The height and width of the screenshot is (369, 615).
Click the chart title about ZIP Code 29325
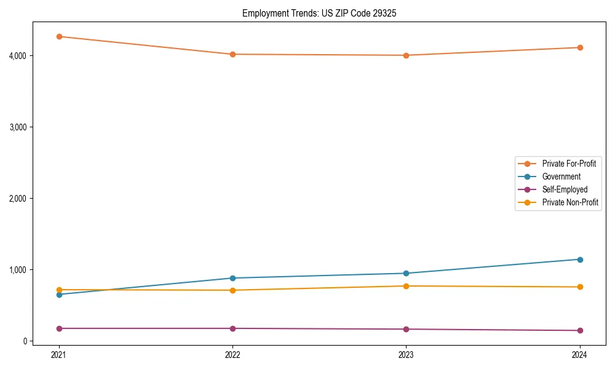coord(319,13)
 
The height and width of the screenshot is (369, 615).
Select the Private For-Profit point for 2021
coord(59,36)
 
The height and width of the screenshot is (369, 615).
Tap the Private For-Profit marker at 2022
coord(232,54)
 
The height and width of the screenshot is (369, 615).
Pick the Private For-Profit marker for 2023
coord(406,55)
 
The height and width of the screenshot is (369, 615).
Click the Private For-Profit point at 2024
coord(579,47)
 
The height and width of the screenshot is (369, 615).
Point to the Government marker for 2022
coord(232,278)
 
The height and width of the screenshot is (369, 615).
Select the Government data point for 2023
coord(406,273)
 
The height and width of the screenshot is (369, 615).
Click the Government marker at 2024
coord(579,260)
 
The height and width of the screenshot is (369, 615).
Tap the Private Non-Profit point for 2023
coord(406,286)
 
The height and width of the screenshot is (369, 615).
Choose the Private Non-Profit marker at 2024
coord(579,287)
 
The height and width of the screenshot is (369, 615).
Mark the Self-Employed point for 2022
coord(232,328)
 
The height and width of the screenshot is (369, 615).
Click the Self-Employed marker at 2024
coord(579,330)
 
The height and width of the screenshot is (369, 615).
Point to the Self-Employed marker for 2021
coord(59,328)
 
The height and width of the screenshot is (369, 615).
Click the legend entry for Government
coord(561,177)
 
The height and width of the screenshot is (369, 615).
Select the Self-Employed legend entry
coord(565,189)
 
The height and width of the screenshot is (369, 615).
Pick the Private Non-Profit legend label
coord(570,202)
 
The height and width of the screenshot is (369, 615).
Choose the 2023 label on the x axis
coord(406,354)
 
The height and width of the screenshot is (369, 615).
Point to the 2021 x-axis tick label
coord(59,354)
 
